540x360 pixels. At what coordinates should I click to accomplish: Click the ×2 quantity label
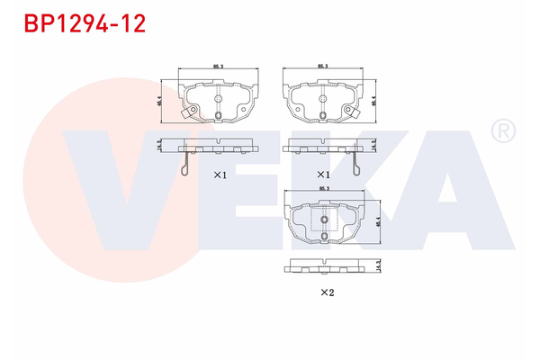pos(328,292)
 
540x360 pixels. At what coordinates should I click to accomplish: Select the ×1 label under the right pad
pos(321,174)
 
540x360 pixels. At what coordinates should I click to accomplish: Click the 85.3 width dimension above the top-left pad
pos(218,67)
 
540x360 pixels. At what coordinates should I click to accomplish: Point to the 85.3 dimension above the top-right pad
pos(321,67)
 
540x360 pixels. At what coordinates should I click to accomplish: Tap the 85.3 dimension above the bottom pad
pos(325,188)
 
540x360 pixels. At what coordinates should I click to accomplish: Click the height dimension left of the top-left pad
pos(159,102)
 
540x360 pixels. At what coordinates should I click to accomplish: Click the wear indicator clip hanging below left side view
pos(184,164)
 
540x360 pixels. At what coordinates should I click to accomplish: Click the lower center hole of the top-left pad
pos(218,115)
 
